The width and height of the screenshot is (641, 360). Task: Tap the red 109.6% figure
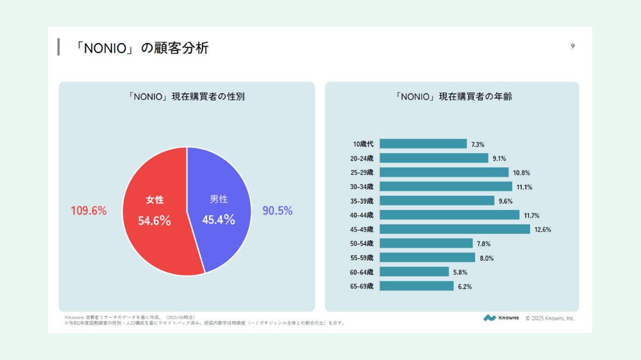click(88, 211)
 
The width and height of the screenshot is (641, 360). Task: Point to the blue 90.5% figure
click(278, 211)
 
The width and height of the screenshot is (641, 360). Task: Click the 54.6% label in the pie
click(154, 221)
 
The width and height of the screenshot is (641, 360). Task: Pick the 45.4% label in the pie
click(219, 220)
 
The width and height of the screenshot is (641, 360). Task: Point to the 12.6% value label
click(542, 229)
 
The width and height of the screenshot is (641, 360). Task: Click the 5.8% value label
click(461, 272)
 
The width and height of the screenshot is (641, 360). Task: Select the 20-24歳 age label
click(362, 158)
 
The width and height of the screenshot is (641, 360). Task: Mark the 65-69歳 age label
click(362, 286)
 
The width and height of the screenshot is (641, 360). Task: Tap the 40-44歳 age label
click(362, 215)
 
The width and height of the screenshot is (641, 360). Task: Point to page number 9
click(572, 46)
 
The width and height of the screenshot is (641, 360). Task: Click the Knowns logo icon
click(490, 318)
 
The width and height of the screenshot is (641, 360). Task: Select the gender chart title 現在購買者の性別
click(186, 97)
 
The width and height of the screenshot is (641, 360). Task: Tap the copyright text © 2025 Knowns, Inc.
click(550, 318)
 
